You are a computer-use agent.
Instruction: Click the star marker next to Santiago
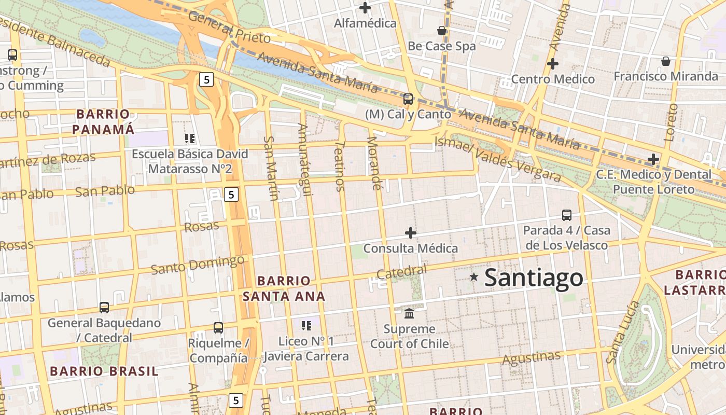coord(473,277)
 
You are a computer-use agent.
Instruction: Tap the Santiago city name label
coord(534,278)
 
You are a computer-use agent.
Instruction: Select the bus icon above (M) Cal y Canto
coord(408,99)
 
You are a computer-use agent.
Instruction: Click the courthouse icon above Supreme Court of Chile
coord(409,313)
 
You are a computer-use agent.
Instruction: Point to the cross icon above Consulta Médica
coord(411,233)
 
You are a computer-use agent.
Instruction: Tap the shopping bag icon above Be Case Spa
coord(442,31)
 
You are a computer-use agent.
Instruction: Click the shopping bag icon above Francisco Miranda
coord(666,61)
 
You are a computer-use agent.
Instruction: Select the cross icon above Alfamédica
coord(365,8)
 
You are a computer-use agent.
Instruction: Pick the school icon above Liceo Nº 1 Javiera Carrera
coord(306,326)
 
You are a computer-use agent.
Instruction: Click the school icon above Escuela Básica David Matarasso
coord(190,139)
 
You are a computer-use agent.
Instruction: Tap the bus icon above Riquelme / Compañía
coord(218,328)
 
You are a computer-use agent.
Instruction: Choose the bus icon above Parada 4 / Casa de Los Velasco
coord(567,215)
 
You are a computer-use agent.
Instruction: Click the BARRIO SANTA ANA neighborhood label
coord(284,288)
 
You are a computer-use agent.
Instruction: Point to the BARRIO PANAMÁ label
coord(103,121)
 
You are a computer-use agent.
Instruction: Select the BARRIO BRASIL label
coord(104,371)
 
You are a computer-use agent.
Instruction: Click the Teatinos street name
coord(340,167)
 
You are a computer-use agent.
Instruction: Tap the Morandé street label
coord(374,162)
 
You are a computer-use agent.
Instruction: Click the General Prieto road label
coord(229,27)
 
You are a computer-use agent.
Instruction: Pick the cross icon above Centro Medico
coord(553,64)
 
